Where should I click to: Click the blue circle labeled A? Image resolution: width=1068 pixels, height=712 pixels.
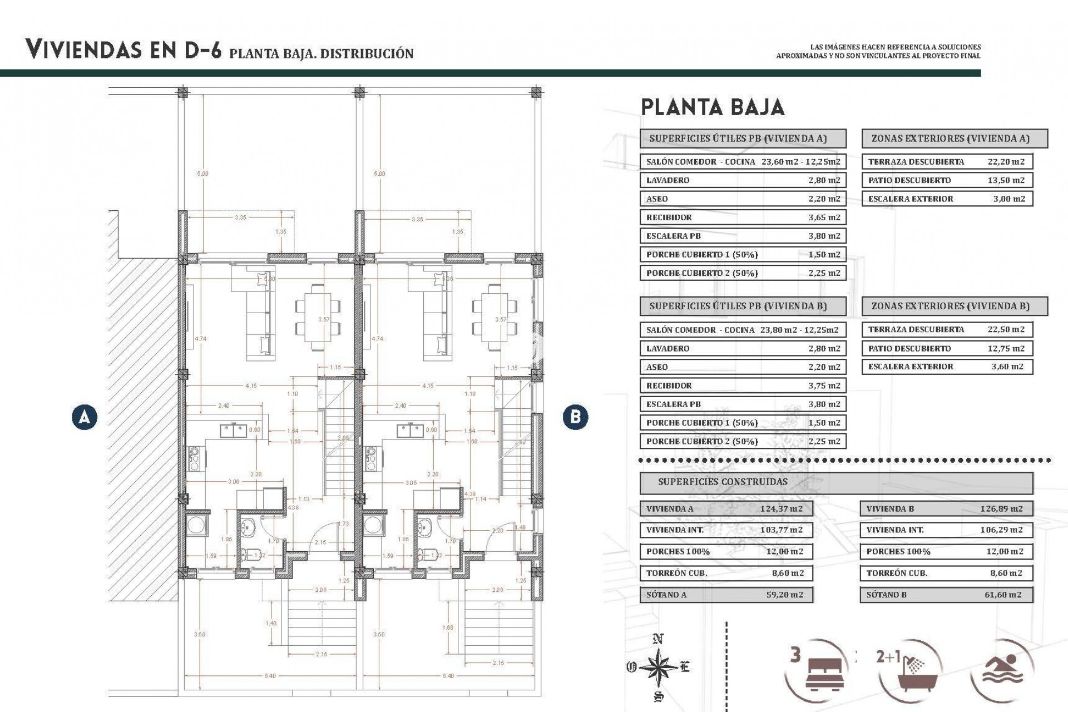(85, 417)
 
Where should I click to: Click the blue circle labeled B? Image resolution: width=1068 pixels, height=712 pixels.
(575, 417)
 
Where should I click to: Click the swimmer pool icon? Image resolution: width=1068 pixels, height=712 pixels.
(1005, 667)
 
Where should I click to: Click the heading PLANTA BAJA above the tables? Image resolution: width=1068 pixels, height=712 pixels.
(713, 107)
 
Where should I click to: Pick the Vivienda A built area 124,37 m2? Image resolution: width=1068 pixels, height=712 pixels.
(782, 508)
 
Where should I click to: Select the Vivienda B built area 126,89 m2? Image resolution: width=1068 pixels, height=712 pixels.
(1001, 508)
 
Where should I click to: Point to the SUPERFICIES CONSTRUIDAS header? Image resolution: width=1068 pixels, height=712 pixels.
(723, 482)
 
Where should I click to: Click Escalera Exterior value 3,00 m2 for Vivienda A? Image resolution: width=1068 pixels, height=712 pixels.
(1008, 199)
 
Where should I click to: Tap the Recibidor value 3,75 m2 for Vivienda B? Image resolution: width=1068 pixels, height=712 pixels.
(824, 385)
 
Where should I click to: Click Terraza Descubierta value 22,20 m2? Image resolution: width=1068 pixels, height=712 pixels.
(1006, 162)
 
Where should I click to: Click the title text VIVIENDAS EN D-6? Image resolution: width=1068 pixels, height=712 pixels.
(123, 50)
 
